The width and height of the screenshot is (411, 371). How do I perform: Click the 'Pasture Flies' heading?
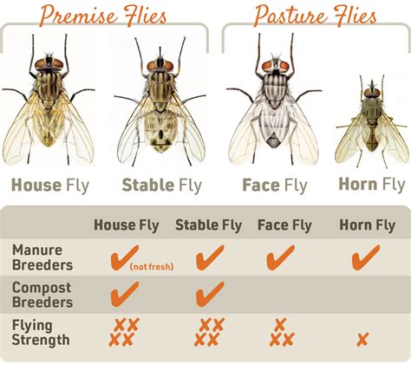point(315,16)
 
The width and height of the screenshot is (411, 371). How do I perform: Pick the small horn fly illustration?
point(370,126)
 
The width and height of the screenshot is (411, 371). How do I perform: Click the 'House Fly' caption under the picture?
point(49,184)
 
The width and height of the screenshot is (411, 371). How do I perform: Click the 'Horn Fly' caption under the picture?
point(371,184)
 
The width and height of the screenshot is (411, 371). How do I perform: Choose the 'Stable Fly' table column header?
point(208,226)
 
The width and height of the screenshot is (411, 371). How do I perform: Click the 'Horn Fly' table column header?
point(367,226)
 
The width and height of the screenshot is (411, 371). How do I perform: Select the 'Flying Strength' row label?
point(41,332)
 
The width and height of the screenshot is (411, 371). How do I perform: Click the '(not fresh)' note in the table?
point(153,266)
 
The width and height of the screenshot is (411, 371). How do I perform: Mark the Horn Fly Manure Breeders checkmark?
point(365,257)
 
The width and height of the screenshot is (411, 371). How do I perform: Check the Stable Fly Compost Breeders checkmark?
point(209,295)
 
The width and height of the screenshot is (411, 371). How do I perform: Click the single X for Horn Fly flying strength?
point(362,339)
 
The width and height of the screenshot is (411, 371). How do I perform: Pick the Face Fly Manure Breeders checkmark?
point(280,257)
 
